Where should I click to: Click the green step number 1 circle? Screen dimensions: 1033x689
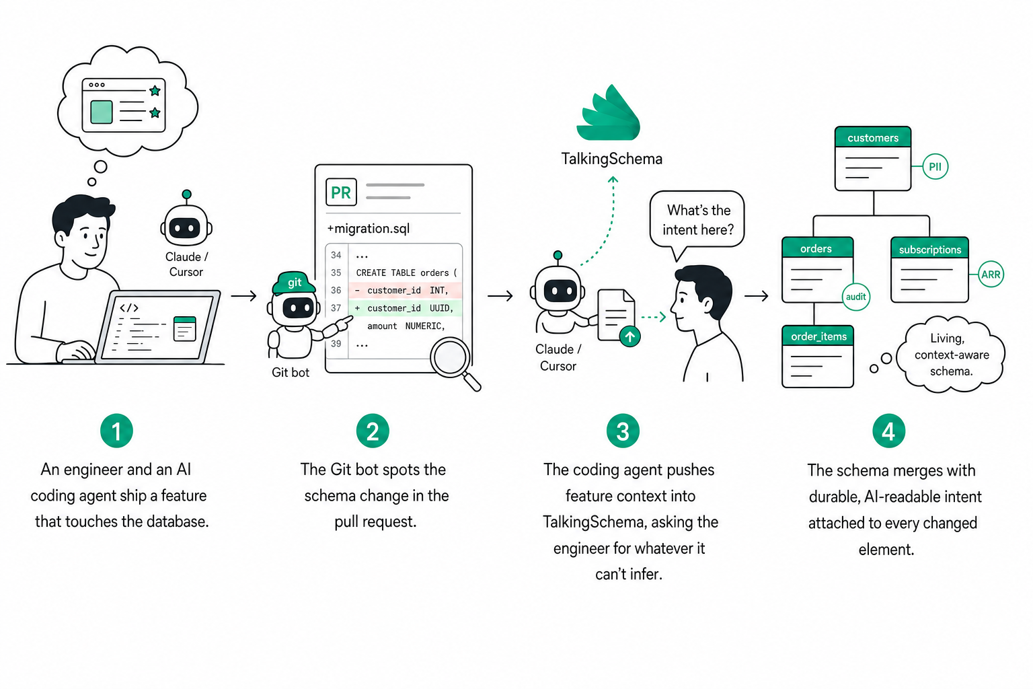[x=116, y=431]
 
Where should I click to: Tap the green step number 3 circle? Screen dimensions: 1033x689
[x=623, y=431]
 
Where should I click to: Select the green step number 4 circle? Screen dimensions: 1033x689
[x=888, y=431]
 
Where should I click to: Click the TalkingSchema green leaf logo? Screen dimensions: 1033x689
[x=609, y=112]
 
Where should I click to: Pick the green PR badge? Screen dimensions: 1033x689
[x=341, y=192]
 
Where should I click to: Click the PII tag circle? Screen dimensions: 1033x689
[x=935, y=167]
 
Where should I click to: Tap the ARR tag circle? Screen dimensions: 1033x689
[x=991, y=275]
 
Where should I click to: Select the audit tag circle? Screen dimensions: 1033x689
[x=856, y=297]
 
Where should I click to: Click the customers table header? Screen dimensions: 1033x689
[x=873, y=137]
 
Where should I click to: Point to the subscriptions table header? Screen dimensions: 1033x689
[x=929, y=249]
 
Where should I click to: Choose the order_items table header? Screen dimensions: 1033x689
[x=818, y=336]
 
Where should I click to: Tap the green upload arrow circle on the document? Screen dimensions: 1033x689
[x=630, y=336]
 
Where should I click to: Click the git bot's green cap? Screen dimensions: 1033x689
[x=294, y=283]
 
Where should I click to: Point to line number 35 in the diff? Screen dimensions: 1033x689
[x=336, y=273]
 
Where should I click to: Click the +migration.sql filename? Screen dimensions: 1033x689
[x=368, y=229]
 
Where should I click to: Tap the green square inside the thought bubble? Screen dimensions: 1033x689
[x=102, y=112]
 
